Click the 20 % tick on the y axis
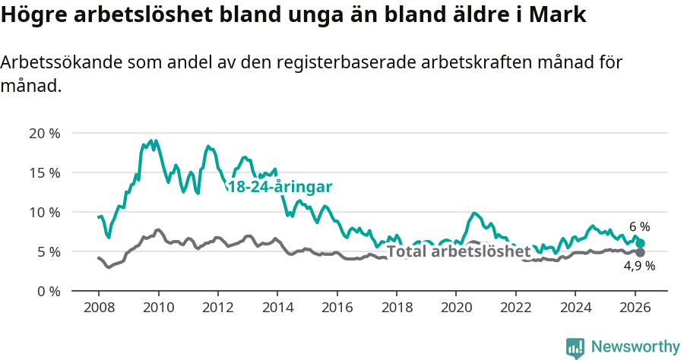(x=45, y=134)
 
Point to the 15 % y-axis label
(x=45, y=172)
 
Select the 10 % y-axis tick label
(x=45, y=212)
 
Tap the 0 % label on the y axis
(x=49, y=291)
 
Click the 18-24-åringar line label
(x=280, y=187)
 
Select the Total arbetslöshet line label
(x=458, y=252)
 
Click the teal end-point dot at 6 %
(x=641, y=243)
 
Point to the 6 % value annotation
(x=640, y=226)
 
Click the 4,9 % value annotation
(x=639, y=266)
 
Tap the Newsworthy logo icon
(x=575, y=348)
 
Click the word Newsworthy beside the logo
(x=635, y=347)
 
